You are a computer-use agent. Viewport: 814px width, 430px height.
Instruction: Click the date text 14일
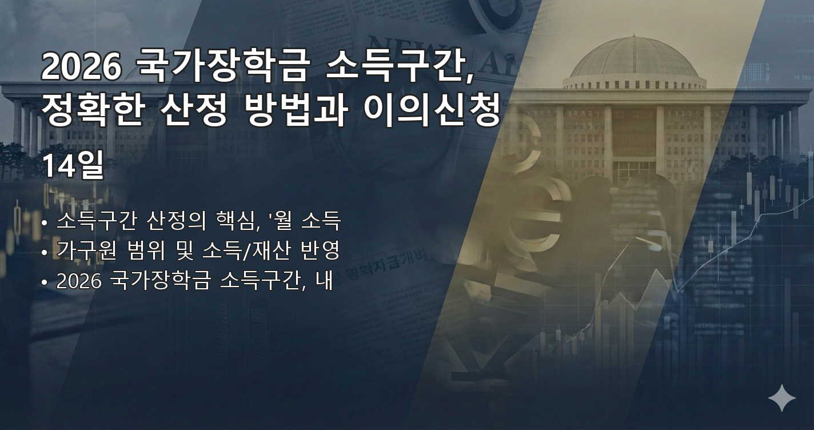(73, 166)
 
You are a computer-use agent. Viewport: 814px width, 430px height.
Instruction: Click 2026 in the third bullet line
(78, 281)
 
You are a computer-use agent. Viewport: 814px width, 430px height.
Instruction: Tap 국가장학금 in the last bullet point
(158, 281)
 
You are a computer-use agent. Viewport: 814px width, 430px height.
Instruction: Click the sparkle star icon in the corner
(781, 398)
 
